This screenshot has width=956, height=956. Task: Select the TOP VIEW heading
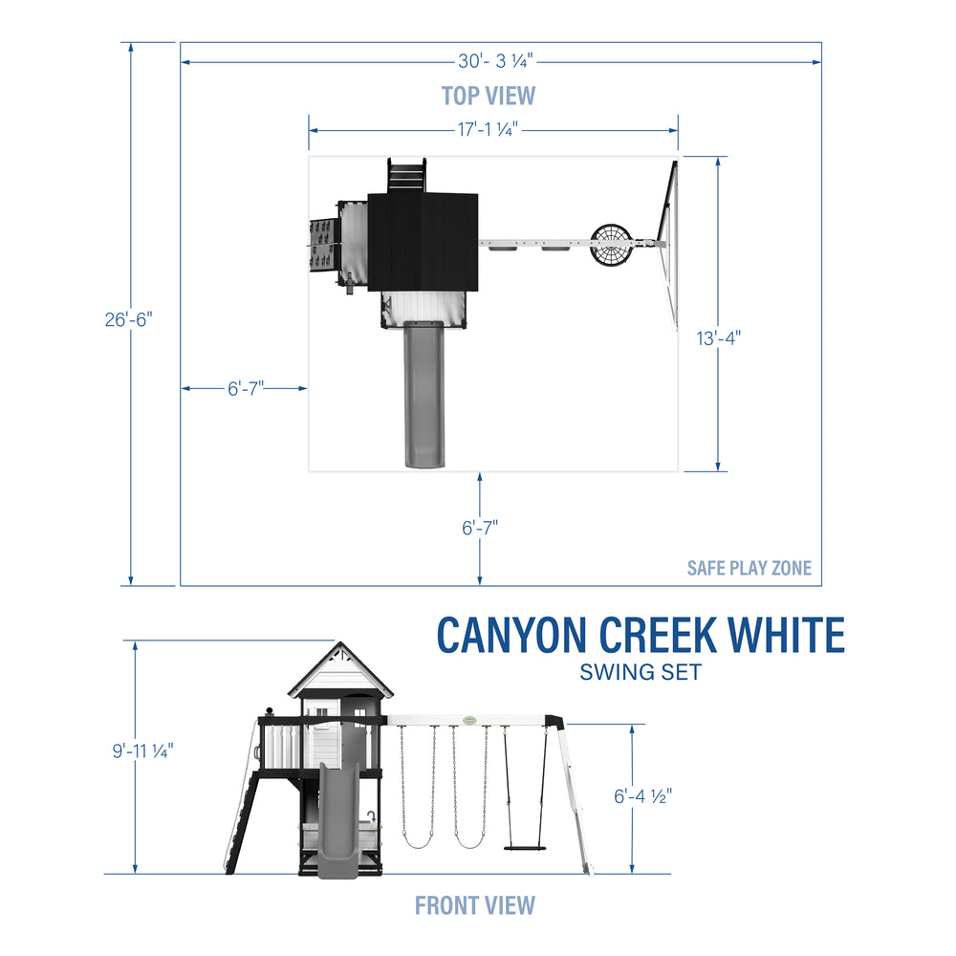click(488, 96)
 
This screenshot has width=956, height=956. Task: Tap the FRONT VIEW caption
click(475, 904)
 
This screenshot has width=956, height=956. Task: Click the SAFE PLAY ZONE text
click(749, 568)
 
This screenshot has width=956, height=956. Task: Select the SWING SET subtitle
click(641, 672)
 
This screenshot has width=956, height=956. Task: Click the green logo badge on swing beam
click(468, 722)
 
